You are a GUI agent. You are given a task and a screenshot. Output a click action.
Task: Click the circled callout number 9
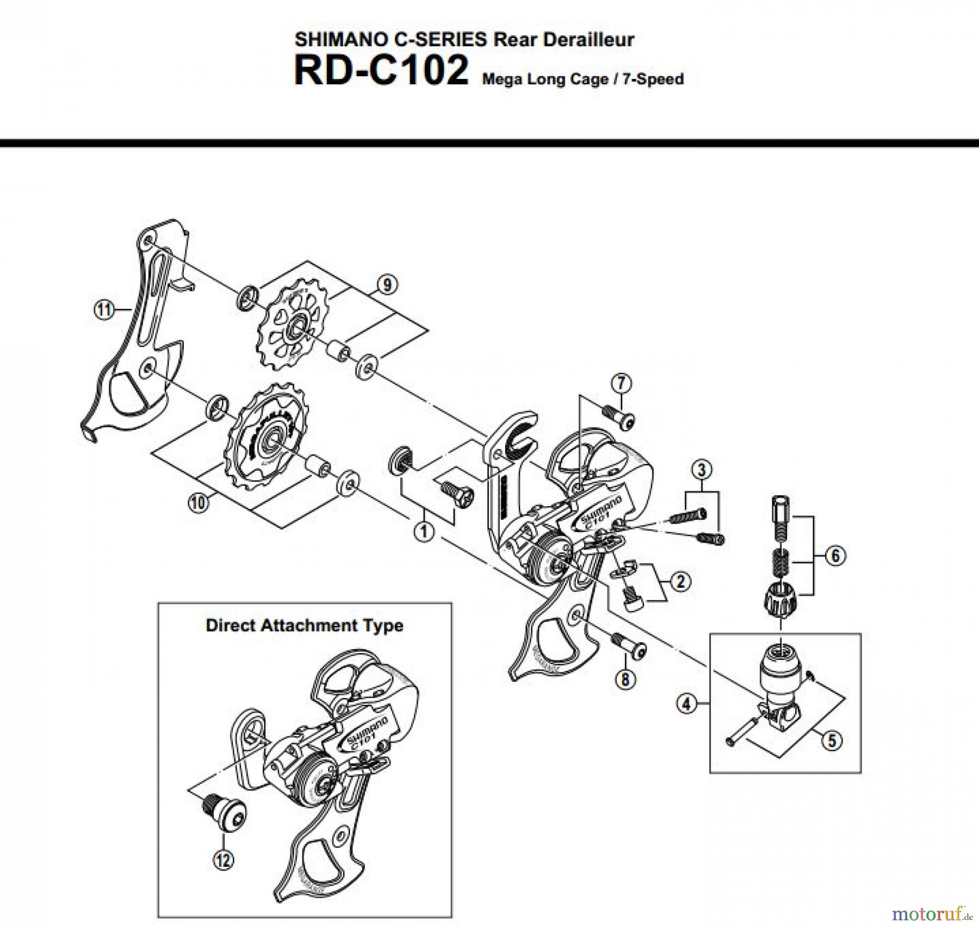pos(387,284)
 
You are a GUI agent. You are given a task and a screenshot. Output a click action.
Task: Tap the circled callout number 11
pos(104,310)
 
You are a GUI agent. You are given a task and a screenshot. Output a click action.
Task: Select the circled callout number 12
pos(224,860)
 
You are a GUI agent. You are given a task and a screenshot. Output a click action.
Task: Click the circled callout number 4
pos(686,704)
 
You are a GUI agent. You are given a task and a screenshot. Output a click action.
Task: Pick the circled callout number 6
pos(835,555)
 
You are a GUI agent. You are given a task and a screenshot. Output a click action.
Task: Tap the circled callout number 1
pos(424,531)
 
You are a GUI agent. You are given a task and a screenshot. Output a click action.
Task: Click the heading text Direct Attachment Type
pos(304,625)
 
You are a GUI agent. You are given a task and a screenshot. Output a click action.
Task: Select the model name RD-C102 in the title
pos(381,71)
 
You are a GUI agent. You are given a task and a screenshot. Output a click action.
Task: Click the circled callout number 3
pos(702,469)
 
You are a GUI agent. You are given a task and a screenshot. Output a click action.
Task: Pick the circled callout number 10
pos(199,502)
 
